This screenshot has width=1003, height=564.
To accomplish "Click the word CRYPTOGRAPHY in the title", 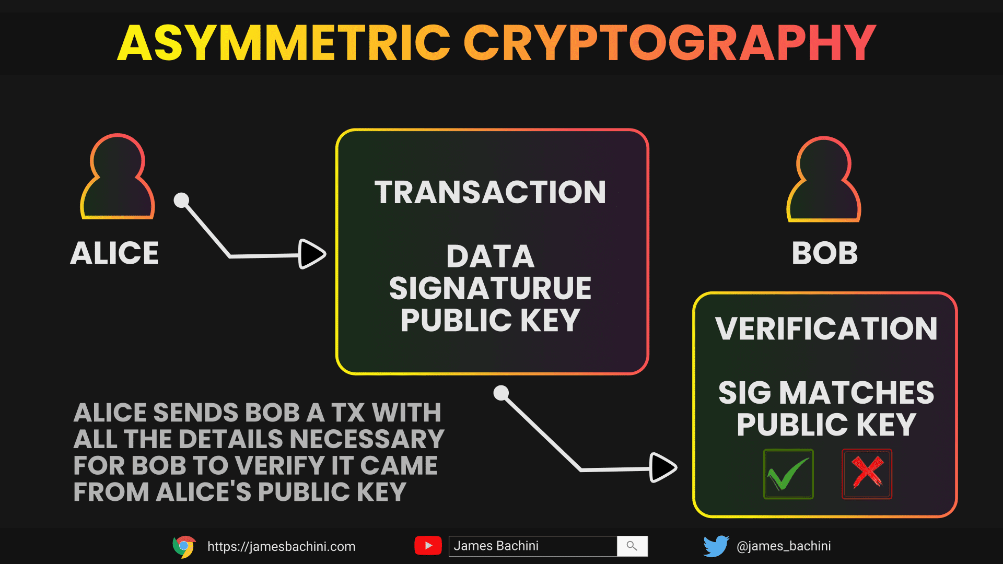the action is [x=670, y=43].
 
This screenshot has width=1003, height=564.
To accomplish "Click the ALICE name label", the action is [x=114, y=253].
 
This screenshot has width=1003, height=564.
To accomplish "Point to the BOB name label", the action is [x=825, y=253].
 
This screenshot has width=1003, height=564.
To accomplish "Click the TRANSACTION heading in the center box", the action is [x=490, y=192].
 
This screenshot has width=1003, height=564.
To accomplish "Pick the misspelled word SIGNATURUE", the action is [x=490, y=288].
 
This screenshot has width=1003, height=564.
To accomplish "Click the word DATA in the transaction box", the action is [x=490, y=256].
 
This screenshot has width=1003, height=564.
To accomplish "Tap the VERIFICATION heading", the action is [x=826, y=328].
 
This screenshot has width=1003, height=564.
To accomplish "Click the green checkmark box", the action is [x=788, y=474].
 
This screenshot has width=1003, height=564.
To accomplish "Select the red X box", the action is [x=867, y=474].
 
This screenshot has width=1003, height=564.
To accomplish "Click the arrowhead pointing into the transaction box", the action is [x=312, y=254].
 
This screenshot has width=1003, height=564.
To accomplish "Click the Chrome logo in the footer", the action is [x=184, y=547].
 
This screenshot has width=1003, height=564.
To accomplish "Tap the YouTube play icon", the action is [x=428, y=546].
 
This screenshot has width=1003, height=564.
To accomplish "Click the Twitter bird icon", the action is [x=716, y=546].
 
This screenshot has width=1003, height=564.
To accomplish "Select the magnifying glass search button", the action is [x=632, y=546].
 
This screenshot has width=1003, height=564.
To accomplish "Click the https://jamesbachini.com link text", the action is [x=282, y=547].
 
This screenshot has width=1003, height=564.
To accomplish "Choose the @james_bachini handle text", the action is [x=784, y=546].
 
